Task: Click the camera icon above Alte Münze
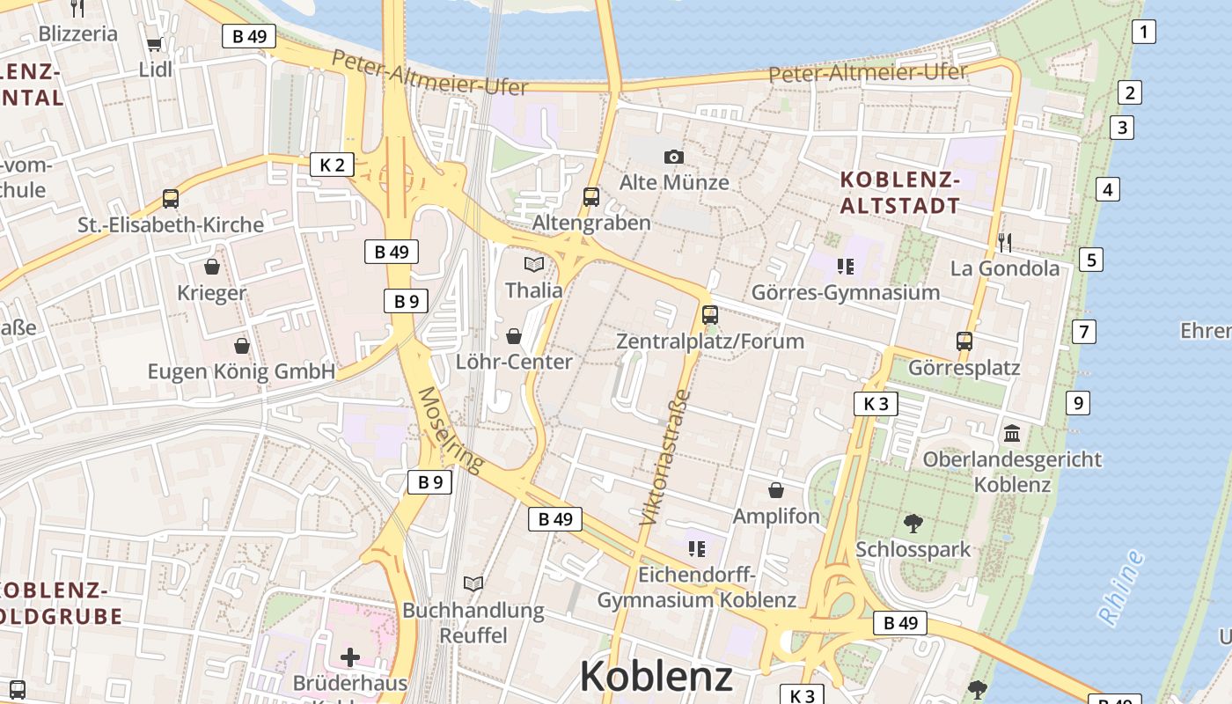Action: [x=673, y=157]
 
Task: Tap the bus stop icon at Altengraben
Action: [x=591, y=197]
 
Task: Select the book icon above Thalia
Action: [x=533, y=264]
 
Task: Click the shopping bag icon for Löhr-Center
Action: [x=514, y=336]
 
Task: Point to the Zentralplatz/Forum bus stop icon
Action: [x=709, y=314]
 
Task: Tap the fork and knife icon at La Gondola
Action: [x=1004, y=242]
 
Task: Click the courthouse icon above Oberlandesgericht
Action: [x=1012, y=434]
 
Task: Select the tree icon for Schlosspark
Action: [x=913, y=524]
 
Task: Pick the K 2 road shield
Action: [x=332, y=164]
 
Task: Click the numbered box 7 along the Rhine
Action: [x=1084, y=332]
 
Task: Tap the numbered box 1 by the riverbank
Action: [x=1143, y=33]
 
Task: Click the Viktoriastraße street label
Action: [x=667, y=458]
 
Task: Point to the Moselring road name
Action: [x=451, y=429]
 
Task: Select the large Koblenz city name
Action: [x=656, y=676]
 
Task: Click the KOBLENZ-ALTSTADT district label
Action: [x=899, y=193]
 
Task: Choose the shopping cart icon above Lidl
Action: [x=155, y=44]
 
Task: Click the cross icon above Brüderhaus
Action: [x=350, y=656]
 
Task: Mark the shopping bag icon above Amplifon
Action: [x=776, y=490]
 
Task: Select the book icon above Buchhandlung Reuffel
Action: [x=473, y=583]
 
